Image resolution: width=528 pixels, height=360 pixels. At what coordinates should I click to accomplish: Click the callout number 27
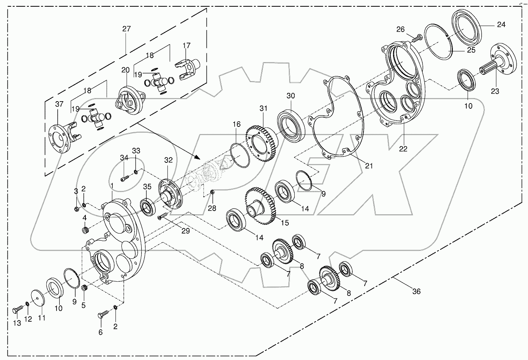[x=126, y=28]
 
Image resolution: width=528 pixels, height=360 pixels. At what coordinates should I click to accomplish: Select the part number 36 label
[x=416, y=292]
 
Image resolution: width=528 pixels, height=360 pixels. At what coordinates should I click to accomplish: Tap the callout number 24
[x=501, y=24]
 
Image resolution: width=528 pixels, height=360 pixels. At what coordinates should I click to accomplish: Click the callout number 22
[x=403, y=149]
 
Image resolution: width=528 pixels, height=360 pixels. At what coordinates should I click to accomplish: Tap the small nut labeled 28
[x=212, y=192]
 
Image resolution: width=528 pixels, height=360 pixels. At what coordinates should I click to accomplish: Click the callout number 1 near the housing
[x=112, y=185]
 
